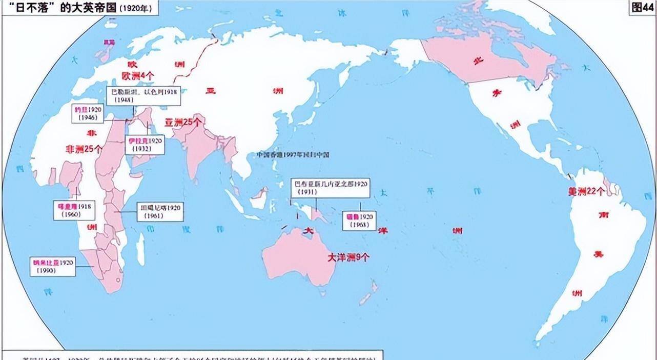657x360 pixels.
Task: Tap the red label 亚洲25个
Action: pos(183,122)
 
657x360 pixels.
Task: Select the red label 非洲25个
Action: pos(84,149)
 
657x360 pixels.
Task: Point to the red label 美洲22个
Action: pos(586,191)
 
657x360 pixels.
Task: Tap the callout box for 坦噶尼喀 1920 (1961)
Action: pos(160,212)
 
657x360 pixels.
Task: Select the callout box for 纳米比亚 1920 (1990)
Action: pos(53,266)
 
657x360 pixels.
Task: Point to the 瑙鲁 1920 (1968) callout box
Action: pos(361,221)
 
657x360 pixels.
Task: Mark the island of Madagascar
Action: pos(140,250)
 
